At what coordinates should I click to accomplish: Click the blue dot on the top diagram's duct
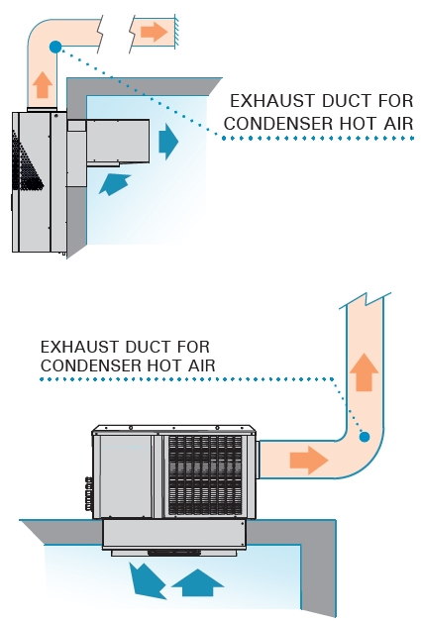coord(55,47)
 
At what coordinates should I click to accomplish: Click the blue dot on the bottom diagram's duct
coord(365,437)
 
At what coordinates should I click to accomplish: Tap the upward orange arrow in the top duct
coord(43,84)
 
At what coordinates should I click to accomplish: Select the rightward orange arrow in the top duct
coord(154,32)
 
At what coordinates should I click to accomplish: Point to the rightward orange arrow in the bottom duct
coord(308,460)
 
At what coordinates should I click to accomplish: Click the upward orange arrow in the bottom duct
coord(364,372)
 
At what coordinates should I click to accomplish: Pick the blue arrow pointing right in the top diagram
coord(168,141)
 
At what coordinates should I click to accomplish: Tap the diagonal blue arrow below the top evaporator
coord(115,184)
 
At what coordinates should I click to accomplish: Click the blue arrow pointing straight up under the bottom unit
coord(197,582)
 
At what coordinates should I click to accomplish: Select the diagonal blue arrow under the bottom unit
coord(147,580)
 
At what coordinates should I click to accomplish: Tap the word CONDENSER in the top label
coord(278,123)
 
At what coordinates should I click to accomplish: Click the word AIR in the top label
coord(399,123)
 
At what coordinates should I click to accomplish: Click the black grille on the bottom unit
coord(205,475)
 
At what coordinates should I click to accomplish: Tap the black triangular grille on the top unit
coord(25,162)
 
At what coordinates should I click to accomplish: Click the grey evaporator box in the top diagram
coord(118,141)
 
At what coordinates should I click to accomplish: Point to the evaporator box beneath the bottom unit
coord(173,535)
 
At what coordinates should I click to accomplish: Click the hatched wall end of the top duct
coord(176,32)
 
